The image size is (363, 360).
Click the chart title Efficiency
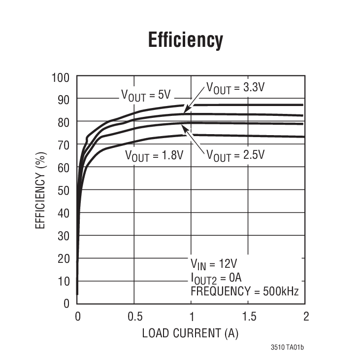pyautogui.click(x=186, y=40)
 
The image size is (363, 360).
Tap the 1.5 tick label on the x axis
pyautogui.click(x=249, y=317)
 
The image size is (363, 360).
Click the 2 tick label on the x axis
pyautogui.click(x=306, y=317)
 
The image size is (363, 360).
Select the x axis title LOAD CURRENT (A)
pyautogui.click(x=190, y=333)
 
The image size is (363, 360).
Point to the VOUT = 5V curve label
pyautogui.click(x=146, y=94)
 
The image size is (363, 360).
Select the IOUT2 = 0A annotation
pyautogui.click(x=217, y=277)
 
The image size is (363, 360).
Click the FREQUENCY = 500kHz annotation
pyautogui.click(x=244, y=291)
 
